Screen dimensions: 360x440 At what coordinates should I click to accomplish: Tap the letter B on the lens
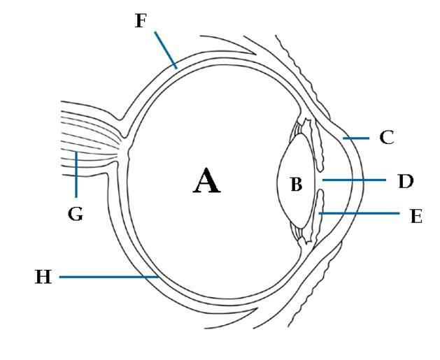(x=297, y=185)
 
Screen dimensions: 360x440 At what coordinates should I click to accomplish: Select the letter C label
(x=387, y=137)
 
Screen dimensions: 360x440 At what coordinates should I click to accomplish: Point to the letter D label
(x=404, y=181)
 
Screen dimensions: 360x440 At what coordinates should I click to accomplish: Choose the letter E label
(x=416, y=217)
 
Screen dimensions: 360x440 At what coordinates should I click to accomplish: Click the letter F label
(x=140, y=20)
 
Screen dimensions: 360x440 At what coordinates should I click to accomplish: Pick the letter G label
(x=76, y=215)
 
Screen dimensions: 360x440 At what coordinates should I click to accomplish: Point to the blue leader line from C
(x=357, y=138)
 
